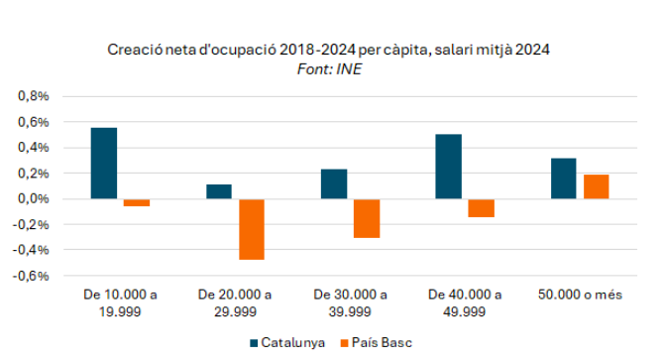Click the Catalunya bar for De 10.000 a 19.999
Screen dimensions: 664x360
pos(104,163)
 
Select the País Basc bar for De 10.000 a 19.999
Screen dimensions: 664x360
pos(137,202)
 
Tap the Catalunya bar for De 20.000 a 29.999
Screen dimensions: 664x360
pos(219,191)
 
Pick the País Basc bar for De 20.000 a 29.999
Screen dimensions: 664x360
pos(252,229)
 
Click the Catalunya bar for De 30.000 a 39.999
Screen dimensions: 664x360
pos(334,183)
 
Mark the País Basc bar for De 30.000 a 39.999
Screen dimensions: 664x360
pos(367,218)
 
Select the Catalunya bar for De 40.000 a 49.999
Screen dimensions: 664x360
pos(449,167)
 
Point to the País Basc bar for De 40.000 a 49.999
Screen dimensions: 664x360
pos(481,208)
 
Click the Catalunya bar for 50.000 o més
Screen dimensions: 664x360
pos(564,179)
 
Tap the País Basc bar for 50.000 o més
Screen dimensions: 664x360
pos(597,186)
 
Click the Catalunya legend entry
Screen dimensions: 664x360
pos(287,342)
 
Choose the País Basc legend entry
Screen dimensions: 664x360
pos(377,342)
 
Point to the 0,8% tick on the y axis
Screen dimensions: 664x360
pos(34,96)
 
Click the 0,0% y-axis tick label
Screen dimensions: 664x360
pos(34,198)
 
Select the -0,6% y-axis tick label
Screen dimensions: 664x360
pos(31,276)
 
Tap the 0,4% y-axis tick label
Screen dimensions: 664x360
pos(34,148)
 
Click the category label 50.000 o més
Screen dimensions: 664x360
pos(580,295)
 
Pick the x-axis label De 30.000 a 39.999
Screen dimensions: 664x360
pos(350,303)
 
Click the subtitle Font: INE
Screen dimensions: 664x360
pos(329,69)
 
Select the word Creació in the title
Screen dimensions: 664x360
pos(135,50)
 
